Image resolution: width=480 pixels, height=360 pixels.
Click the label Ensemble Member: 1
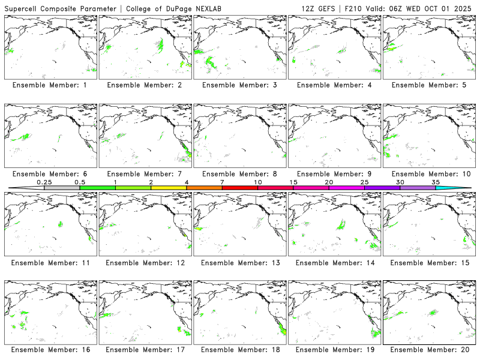pos(49,85)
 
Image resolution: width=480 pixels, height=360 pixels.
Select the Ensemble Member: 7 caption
pos(144,174)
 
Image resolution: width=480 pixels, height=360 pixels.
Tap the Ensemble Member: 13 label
pos(239,263)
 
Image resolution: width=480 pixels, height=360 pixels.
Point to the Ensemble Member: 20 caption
pos(428,349)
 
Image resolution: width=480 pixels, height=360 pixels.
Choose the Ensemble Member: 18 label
pos(239,349)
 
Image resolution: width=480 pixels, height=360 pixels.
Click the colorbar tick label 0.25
pos(44,182)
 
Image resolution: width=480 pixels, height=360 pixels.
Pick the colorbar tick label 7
pos(222,182)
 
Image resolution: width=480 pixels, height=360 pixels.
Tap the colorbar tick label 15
pos(293,182)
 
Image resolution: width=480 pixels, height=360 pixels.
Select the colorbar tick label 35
pos(436,182)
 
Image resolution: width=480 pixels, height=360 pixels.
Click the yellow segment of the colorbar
pos(169,188)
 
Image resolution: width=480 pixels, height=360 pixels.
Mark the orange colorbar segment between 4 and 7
pos(204,188)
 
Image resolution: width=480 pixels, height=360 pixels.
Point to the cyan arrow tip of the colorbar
pos(462,188)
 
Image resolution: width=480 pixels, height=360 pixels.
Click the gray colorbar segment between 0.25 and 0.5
pos(62,188)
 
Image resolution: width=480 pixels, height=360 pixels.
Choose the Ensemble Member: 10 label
pos(428,174)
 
